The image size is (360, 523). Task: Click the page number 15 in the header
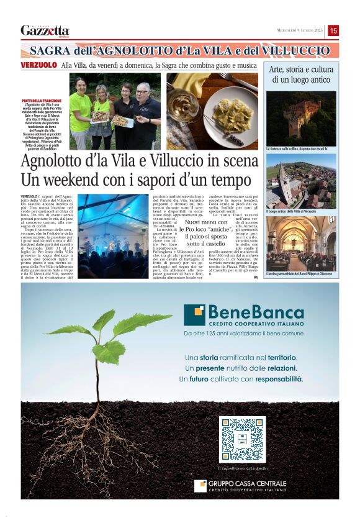click(x=333, y=30)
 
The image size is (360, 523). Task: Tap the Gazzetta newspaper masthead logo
click(x=45, y=30)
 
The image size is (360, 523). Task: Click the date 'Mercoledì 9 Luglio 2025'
click(x=300, y=30)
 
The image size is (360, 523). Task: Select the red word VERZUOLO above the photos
click(x=39, y=65)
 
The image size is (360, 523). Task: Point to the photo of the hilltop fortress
click(x=301, y=117)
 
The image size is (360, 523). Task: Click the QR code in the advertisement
click(x=243, y=439)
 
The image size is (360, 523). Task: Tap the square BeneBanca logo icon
click(x=196, y=315)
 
